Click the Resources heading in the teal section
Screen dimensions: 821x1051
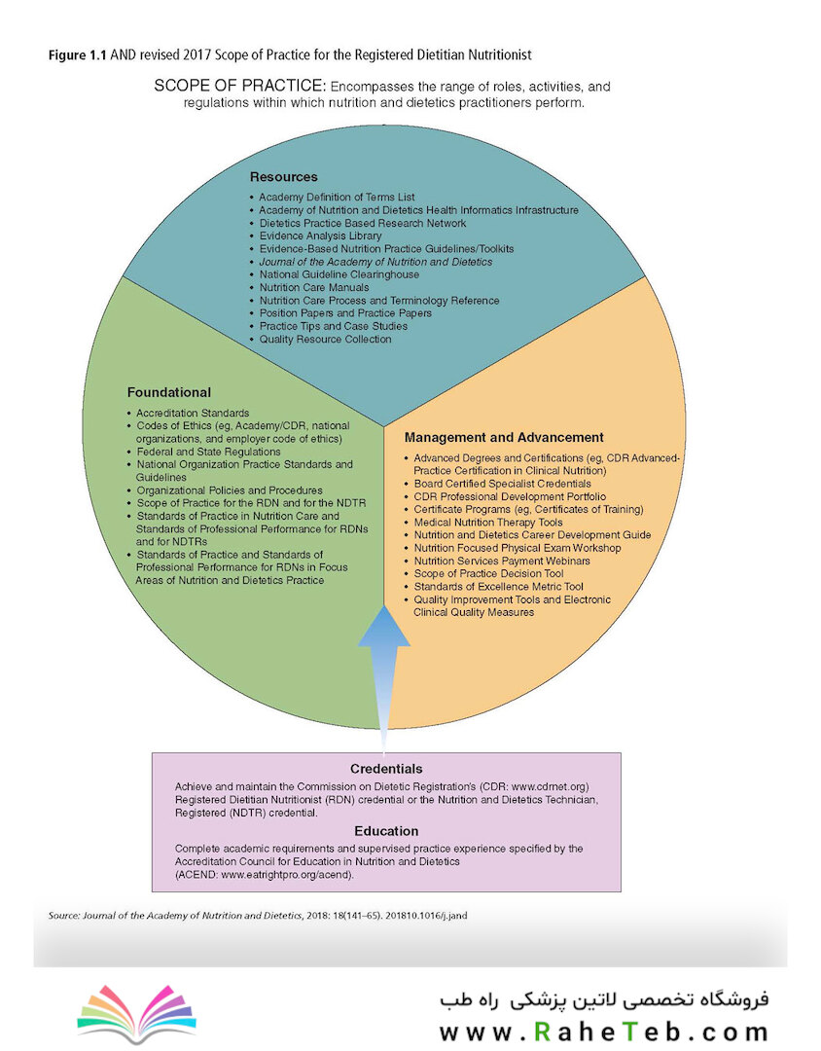283,177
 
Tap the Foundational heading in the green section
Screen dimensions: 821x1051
169,393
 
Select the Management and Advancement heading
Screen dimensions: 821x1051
504,438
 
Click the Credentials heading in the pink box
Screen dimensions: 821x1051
386,769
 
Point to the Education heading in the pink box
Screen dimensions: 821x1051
386,831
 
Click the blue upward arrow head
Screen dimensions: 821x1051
384,627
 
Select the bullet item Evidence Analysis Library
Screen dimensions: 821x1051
320,236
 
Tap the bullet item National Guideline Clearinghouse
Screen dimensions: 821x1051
339,274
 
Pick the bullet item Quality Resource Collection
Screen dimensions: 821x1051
326,340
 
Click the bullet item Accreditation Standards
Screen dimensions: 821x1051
193,413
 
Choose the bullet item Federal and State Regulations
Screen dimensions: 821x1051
208,452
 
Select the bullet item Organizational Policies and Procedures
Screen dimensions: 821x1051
230,490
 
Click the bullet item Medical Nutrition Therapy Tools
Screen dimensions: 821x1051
488,523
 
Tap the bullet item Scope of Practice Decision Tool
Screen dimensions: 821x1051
488,574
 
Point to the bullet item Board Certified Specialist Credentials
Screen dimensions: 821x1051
503,484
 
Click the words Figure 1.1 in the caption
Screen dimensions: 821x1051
77,54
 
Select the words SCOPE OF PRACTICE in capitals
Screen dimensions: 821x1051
240,86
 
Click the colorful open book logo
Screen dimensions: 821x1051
137,1013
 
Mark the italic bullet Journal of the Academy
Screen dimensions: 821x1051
376,262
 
